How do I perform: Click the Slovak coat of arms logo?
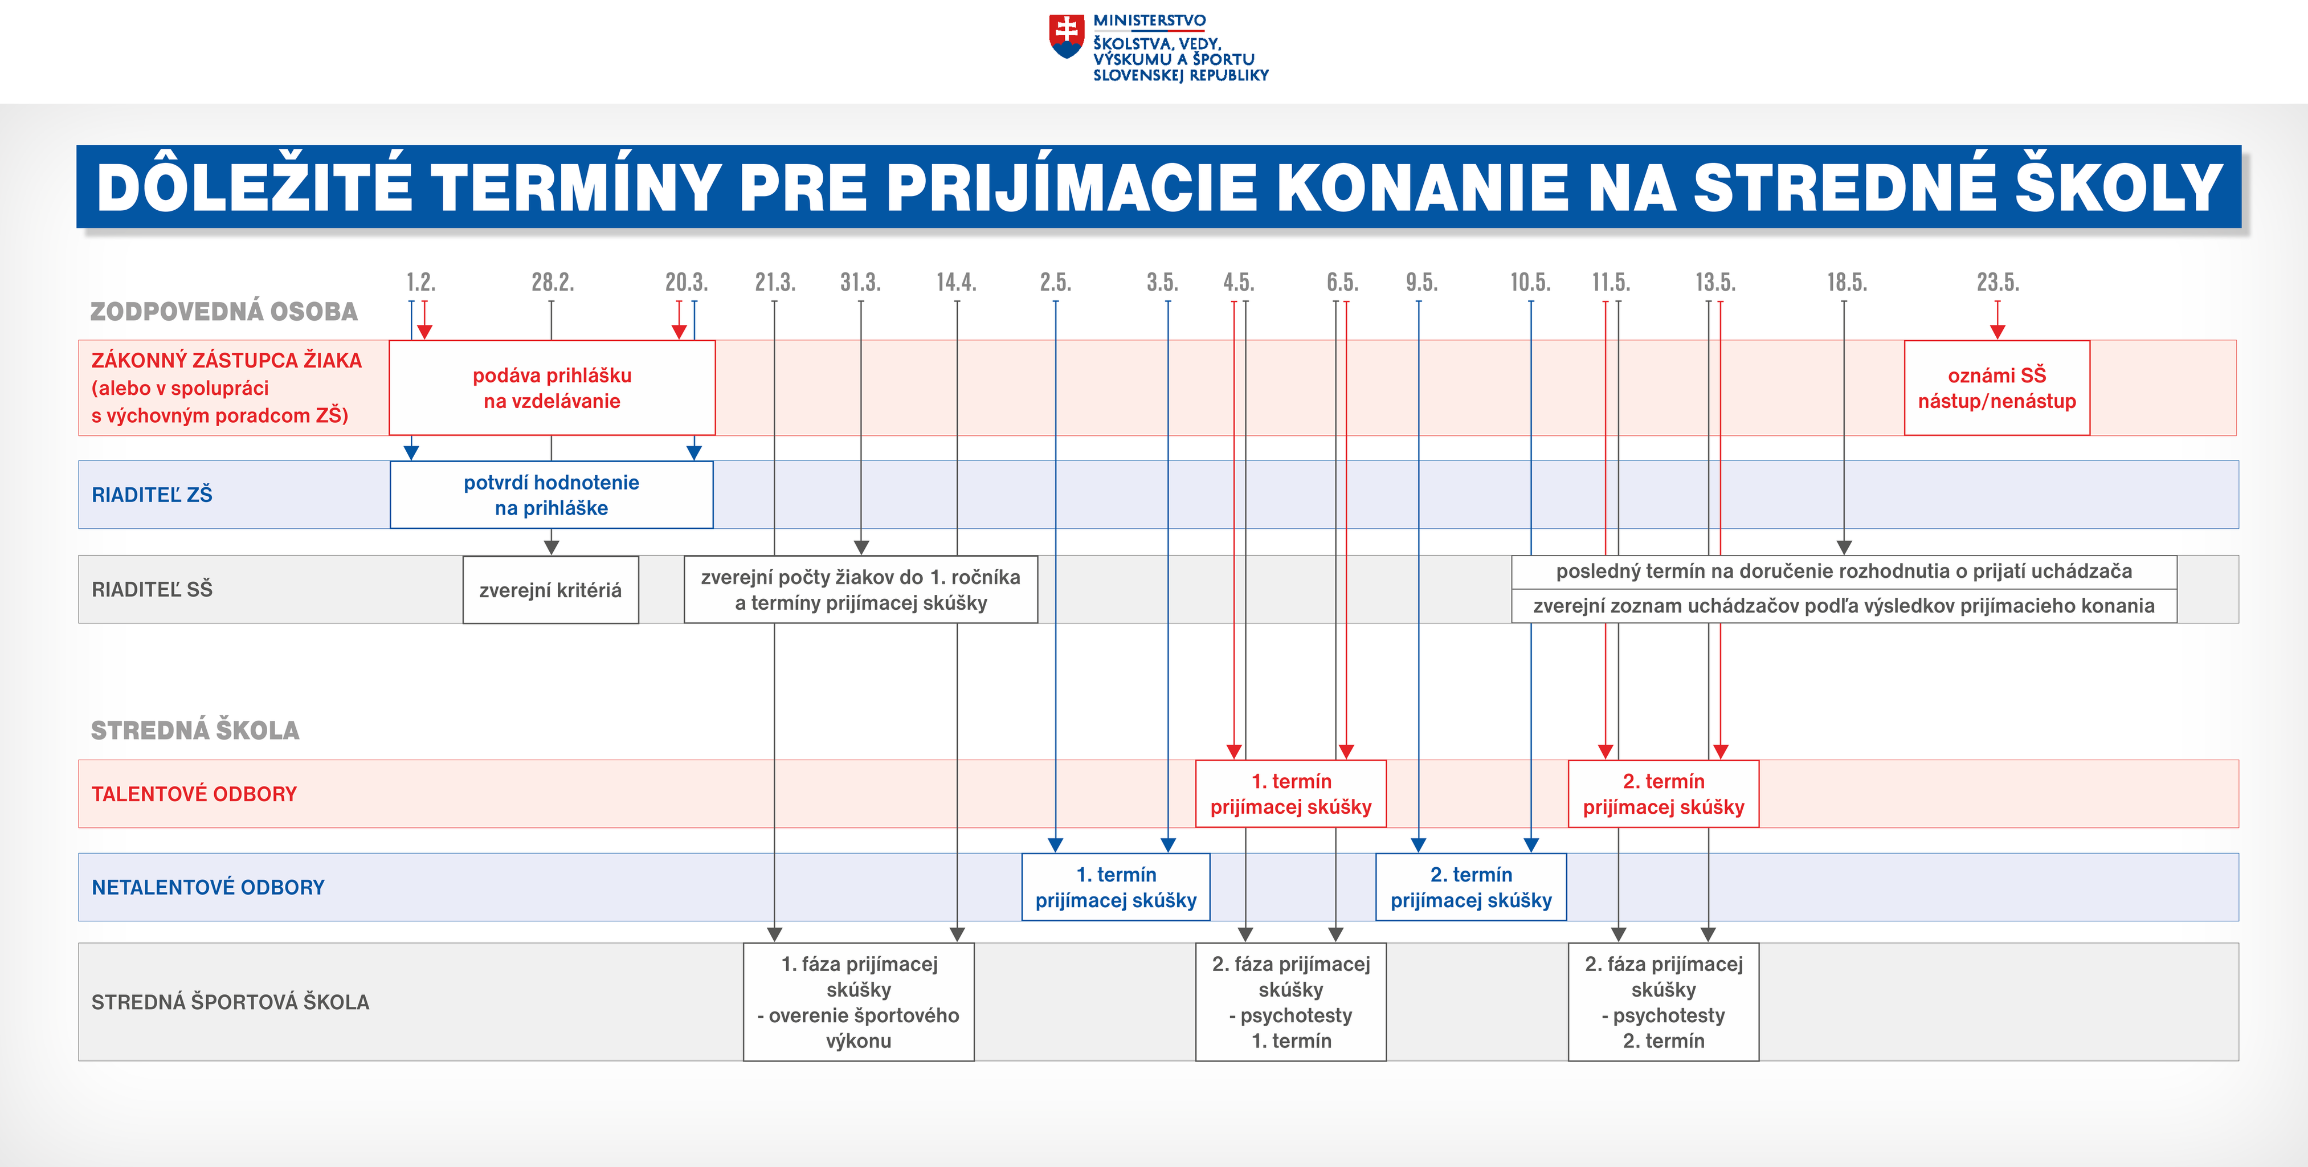point(1066,36)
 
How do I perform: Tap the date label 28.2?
point(552,282)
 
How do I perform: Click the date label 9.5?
point(1421,282)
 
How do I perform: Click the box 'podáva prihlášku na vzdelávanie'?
point(552,388)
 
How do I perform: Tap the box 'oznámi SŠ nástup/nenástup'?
point(1997,388)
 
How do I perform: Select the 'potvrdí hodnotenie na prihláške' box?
point(552,495)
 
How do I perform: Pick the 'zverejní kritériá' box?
point(551,590)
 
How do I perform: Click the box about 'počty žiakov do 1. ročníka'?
point(861,590)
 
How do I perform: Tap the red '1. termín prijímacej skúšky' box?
point(1291,794)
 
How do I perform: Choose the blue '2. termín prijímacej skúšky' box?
point(1471,887)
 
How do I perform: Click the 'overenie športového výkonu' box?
point(859,1002)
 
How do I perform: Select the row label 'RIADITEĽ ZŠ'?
point(152,495)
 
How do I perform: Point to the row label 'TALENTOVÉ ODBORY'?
point(194,794)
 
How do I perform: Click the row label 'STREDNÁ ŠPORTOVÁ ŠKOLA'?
point(230,1002)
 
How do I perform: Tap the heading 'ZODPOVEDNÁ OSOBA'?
point(224,312)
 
